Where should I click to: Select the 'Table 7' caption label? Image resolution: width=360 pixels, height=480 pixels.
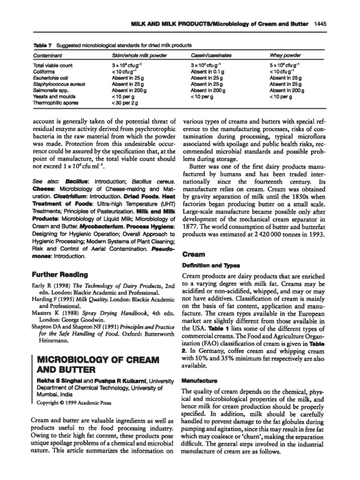[42, 45]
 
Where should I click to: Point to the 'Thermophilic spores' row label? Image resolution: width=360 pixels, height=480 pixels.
[56, 102]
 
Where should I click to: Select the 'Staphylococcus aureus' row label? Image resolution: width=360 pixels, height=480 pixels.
[59, 84]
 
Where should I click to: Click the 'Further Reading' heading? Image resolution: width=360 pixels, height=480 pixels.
[58, 274]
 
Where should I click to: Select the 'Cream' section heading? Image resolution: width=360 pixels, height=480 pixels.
[193, 255]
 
